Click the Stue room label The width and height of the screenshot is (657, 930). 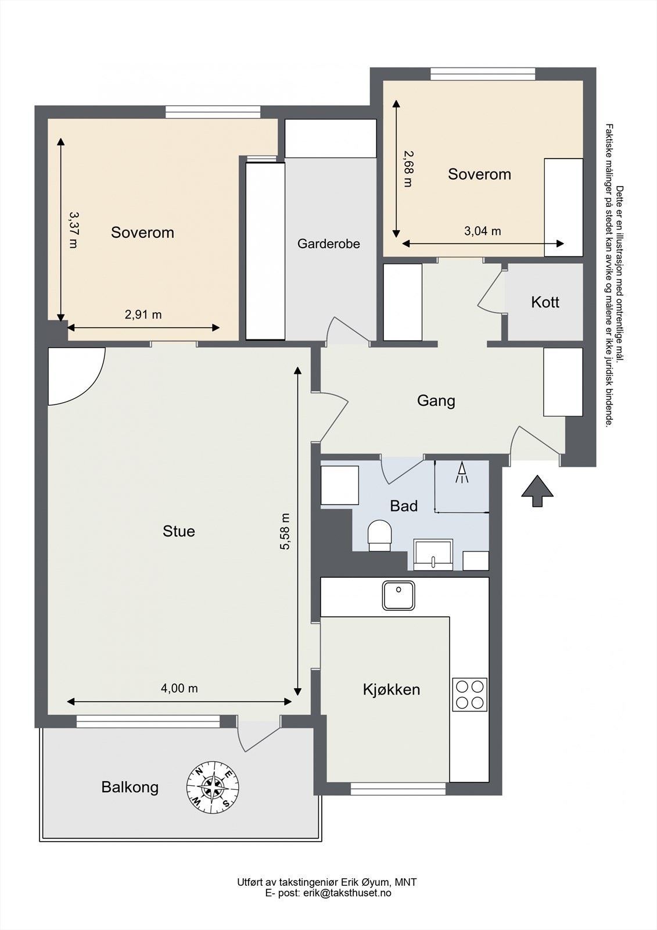click(178, 531)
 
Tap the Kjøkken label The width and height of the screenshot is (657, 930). click(392, 689)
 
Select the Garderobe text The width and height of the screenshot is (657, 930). click(329, 244)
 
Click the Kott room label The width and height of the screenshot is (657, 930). click(545, 302)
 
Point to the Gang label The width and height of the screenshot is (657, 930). click(436, 400)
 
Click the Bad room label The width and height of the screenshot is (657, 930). click(404, 506)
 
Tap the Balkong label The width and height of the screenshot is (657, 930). click(130, 787)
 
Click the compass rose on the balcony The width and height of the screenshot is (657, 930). click(213, 788)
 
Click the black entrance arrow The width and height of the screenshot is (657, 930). click(537, 491)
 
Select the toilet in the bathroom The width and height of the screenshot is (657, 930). click(380, 535)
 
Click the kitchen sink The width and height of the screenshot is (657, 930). click(398, 596)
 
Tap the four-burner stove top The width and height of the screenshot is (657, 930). click(470, 695)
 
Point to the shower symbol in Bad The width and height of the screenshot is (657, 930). click(462, 473)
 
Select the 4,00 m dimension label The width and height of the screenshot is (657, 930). click(179, 688)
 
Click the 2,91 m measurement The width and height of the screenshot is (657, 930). click(143, 314)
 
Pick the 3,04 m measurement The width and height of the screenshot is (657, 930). click(482, 231)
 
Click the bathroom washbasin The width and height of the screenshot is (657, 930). click(433, 555)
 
